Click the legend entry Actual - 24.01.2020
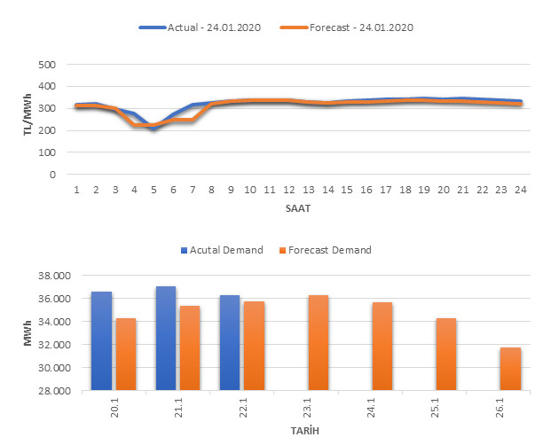click(204, 27)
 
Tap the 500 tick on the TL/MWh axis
click(47, 65)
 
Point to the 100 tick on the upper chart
click(47, 152)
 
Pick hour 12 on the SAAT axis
click(288, 190)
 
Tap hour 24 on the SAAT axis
click(519, 190)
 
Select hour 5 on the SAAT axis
click(153, 190)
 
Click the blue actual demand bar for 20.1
click(101, 340)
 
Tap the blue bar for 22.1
click(229, 342)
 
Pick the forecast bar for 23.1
click(318, 342)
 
